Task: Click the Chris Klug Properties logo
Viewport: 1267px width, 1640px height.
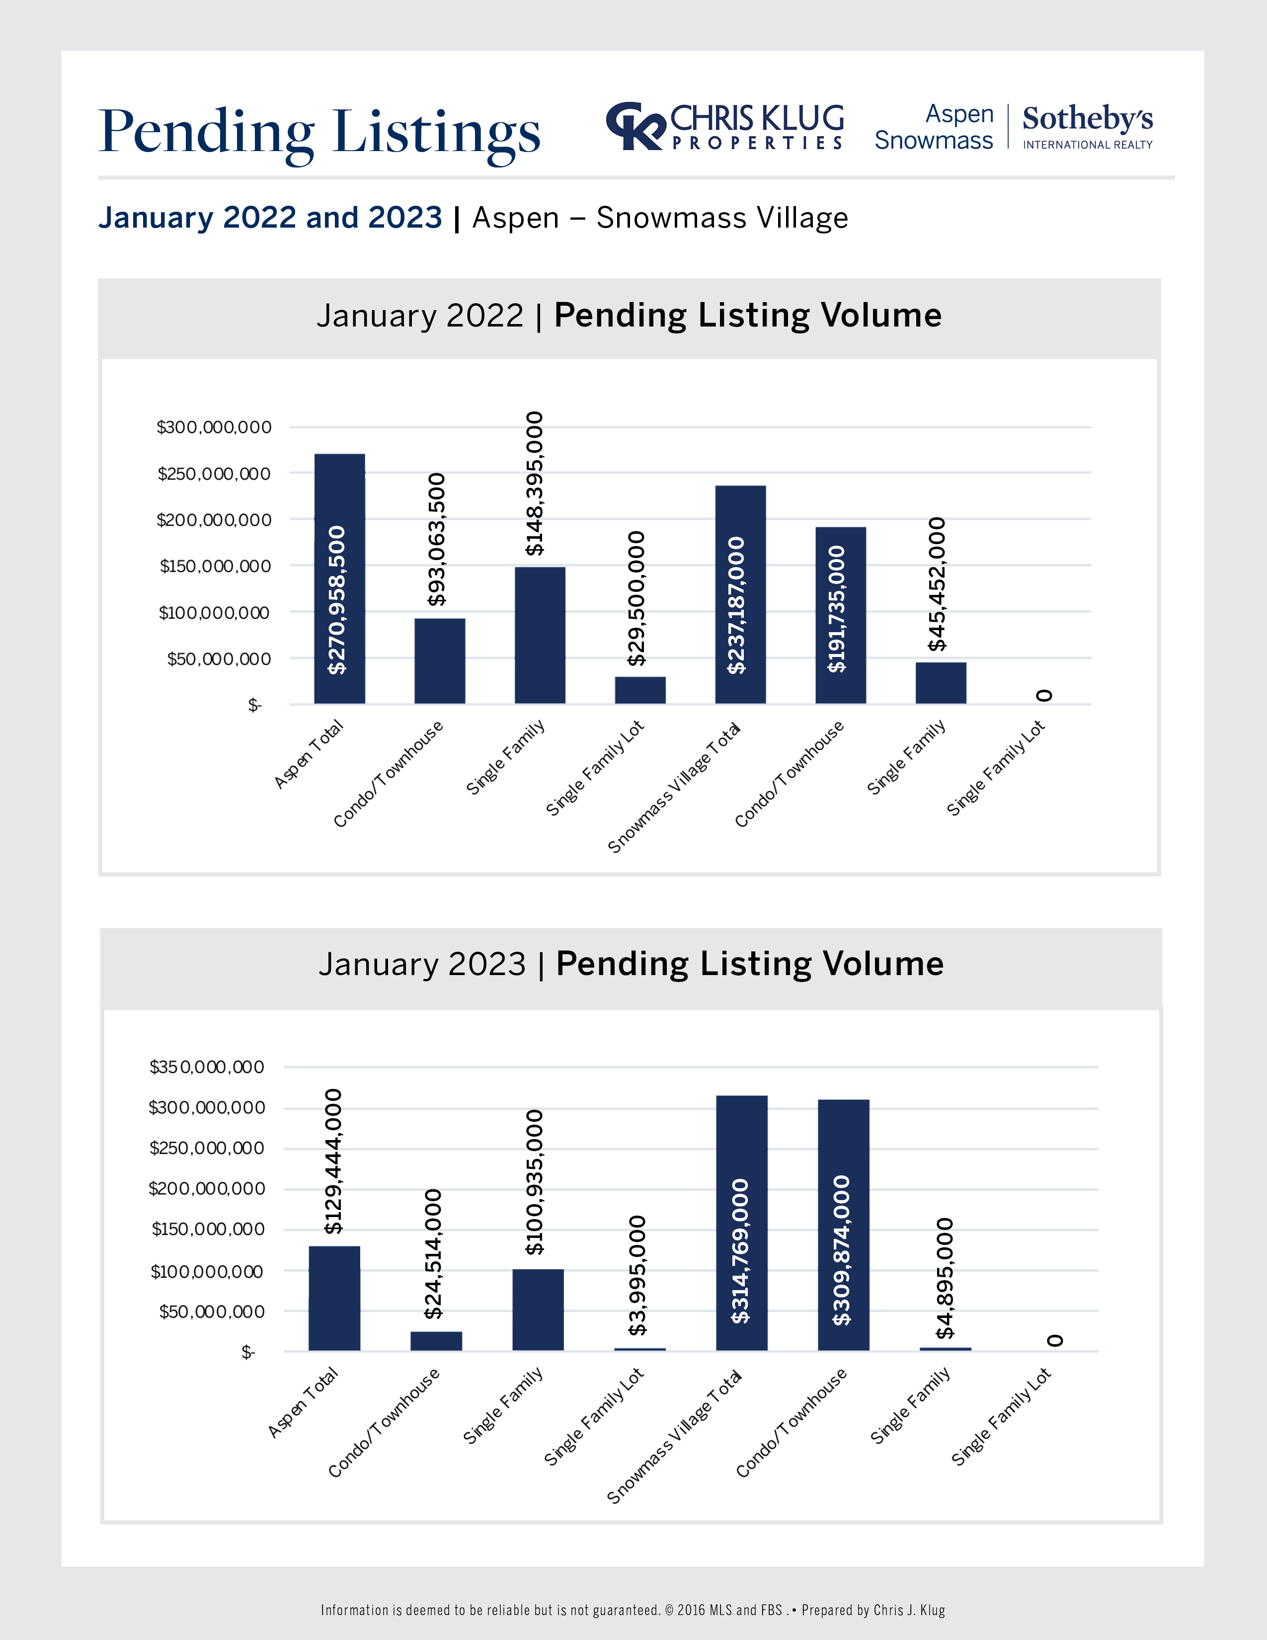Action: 725,126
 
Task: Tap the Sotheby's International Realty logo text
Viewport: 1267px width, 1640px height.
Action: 1087,127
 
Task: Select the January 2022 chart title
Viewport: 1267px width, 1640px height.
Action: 629,316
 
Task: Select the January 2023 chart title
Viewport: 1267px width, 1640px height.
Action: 631,964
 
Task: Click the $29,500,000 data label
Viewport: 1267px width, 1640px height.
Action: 636,598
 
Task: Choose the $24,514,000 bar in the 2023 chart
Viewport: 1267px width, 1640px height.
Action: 436,1340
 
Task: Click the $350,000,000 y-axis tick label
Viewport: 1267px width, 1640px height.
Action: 207,1067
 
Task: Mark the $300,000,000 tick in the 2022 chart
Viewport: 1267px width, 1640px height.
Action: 214,427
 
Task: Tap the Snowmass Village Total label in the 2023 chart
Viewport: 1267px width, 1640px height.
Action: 674,1437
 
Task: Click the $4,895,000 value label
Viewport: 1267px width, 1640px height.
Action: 945,1277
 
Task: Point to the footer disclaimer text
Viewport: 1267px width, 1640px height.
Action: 633,1609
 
